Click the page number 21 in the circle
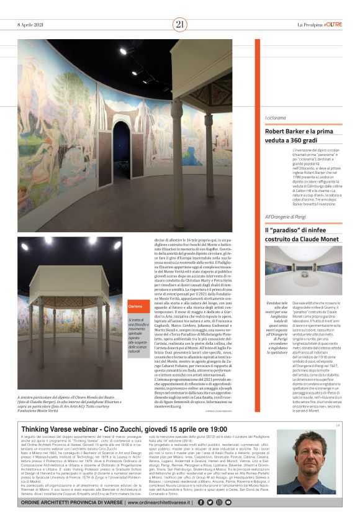coord(180,24)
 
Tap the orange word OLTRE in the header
coord(334,24)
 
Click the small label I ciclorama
coord(276,117)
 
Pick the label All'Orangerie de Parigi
coord(286,216)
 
